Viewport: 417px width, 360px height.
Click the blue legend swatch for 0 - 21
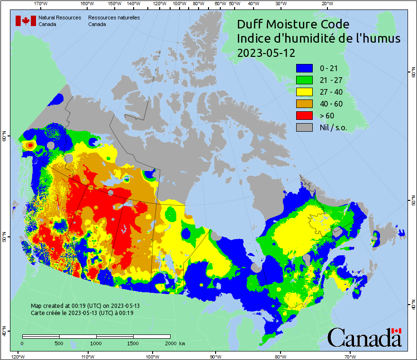tap(305, 68)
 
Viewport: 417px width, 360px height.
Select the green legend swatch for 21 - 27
tap(305, 80)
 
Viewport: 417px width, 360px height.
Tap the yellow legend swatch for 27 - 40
tap(305, 92)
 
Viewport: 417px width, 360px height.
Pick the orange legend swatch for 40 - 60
tap(305, 104)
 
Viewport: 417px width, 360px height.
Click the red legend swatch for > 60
tap(305, 116)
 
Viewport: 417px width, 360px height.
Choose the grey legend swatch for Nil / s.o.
tap(305, 127)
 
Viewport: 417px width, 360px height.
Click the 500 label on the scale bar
tap(59, 343)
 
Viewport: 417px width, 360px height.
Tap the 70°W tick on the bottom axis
tap(350, 356)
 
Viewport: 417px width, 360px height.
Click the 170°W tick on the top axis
tap(41, 4)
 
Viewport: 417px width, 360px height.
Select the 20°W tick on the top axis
tap(326, 4)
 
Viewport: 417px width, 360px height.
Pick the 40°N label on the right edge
tap(412, 306)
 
